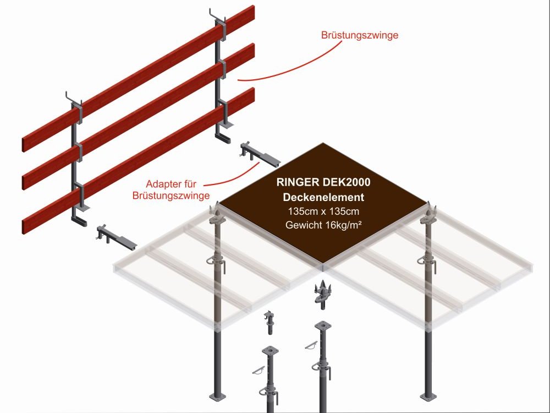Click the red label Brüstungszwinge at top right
(359, 35)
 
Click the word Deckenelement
(323, 198)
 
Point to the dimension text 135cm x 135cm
(323, 211)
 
